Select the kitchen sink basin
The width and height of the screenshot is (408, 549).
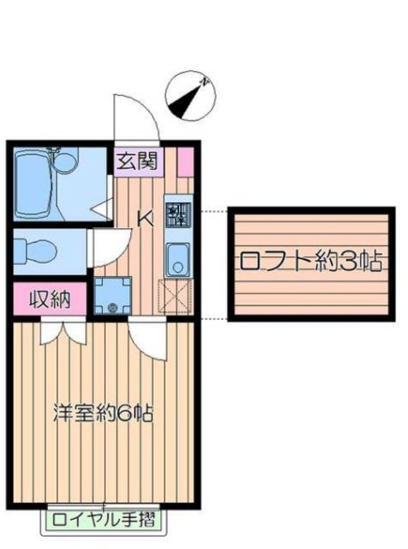[x=178, y=257]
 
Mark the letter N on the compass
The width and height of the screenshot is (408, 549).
[x=205, y=82]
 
